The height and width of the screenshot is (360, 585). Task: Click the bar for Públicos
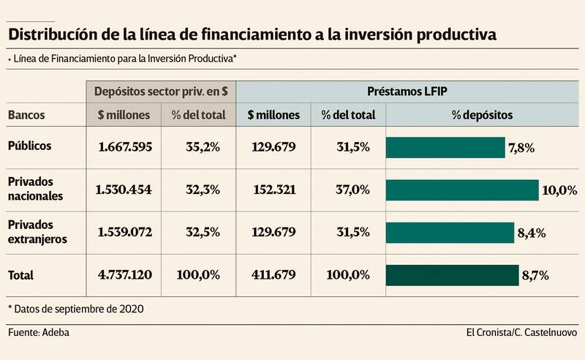point(445,147)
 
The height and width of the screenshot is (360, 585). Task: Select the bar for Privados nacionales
point(462,190)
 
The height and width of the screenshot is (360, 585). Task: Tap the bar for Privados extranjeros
point(450,233)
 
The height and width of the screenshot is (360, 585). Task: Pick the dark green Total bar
point(452,275)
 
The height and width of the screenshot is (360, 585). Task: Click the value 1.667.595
point(124,147)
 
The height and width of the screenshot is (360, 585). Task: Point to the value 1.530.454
point(124,190)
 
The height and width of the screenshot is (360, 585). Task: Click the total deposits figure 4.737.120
point(124,276)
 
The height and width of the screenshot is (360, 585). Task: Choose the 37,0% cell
point(350,190)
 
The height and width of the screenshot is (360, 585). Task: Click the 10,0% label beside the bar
point(559,190)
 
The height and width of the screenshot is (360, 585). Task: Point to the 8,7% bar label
point(535,276)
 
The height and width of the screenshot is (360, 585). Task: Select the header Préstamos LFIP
point(407,92)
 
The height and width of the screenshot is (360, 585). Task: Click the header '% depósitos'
point(482,115)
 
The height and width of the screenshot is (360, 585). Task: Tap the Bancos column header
point(26,115)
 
